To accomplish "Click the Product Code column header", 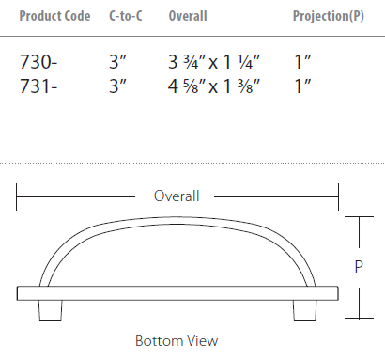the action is [x=54, y=16].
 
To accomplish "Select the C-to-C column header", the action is [x=126, y=16].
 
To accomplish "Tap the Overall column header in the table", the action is [x=188, y=16].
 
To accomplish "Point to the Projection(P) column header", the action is [x=329, y=16].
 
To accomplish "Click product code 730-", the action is [x=38, y=62].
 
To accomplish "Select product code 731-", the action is [x=38, y=86].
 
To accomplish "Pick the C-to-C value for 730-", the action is [x=117, y=62].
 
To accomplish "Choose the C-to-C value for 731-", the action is [x=117, y=86].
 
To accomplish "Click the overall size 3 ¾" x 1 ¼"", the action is [x=214, y=62].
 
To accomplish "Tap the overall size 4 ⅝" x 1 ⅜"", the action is [x=214, y=86].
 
